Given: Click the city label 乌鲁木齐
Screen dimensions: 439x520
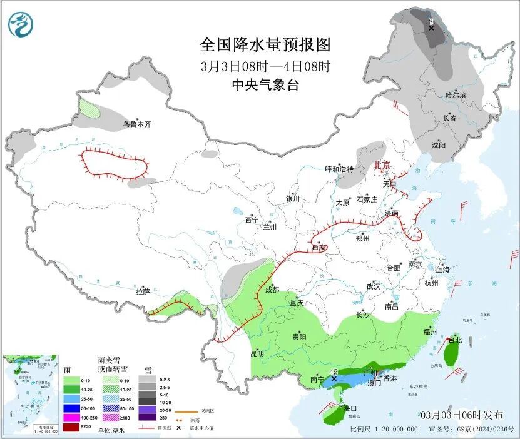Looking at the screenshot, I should (x=136, y=124).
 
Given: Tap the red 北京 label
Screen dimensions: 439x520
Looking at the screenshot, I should (x=382, y=165).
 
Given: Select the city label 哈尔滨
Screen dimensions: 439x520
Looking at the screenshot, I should (x=456, y=94).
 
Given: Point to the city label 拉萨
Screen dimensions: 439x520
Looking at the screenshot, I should (x=143, y=291).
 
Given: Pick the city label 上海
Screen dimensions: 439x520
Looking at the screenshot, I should (x=443, y=270).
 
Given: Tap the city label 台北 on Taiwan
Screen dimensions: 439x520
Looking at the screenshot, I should (x=454, y=340).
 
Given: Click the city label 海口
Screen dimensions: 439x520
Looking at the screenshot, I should (x=342, y=408).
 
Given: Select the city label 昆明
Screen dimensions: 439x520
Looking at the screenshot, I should (x=257, y=353).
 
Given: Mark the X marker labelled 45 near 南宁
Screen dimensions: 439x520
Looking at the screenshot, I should (x=334, y=378).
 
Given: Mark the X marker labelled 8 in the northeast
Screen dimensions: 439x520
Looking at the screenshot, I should (x=431, y=28).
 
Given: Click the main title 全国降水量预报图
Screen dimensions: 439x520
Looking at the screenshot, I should (x=265, y=44).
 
